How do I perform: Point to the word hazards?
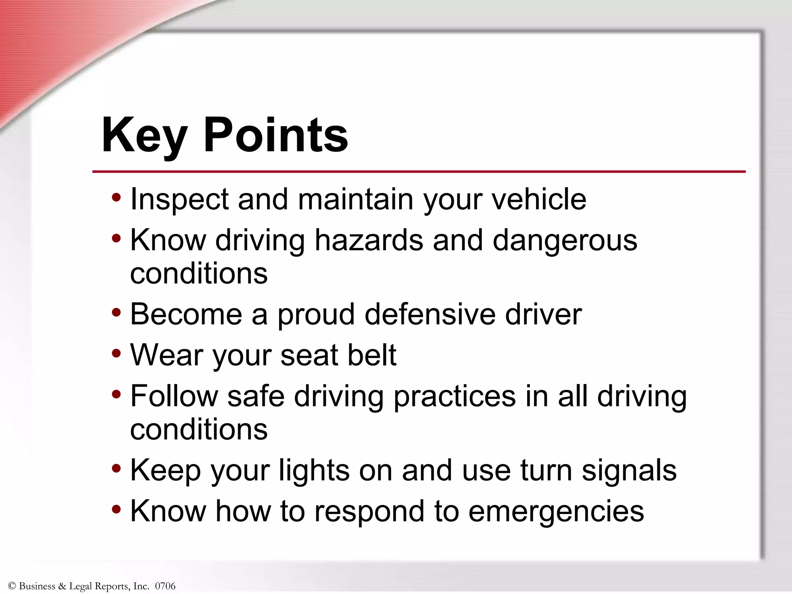click(x=369, y=241)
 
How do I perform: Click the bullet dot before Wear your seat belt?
click(x=116, y=353)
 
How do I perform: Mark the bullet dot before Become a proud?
click(x=116, y=312)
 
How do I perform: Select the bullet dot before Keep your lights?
click(x=116, y=469)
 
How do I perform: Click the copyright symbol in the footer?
click(x=12, y=586)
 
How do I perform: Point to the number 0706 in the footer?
click(x=165, y=586)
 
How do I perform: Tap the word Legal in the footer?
click(x=81, y=586)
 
